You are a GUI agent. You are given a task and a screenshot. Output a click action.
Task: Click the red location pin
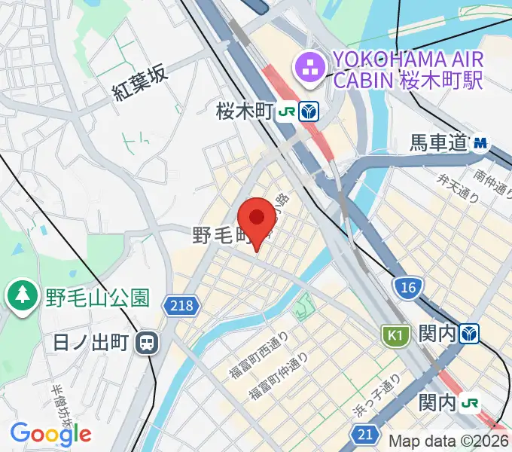coord(257,219)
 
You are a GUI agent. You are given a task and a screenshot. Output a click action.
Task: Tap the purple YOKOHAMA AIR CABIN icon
coord(309,67)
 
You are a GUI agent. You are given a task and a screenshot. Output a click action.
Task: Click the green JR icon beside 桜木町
coord(286,112)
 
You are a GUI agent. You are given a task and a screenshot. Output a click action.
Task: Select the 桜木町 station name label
coord(243,112)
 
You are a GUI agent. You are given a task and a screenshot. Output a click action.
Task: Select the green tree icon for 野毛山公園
coord(22,295)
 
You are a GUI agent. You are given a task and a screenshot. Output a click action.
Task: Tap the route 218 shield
coord(177,303)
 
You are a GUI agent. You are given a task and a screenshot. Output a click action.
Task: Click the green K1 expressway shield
coord(395,334)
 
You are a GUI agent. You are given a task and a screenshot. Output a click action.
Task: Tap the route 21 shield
coord(364,433)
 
